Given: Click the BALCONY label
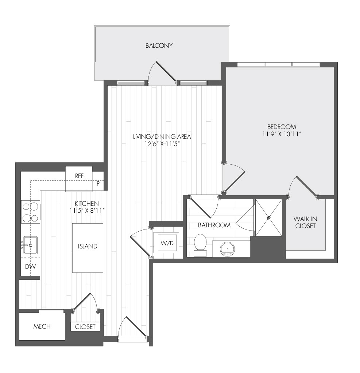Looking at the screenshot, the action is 159,46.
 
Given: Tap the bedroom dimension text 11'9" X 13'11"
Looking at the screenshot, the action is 282,134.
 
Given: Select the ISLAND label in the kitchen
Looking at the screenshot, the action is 88,246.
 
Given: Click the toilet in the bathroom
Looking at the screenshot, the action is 200,245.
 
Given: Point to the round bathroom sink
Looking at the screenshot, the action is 228,249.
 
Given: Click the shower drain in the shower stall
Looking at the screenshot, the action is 269,217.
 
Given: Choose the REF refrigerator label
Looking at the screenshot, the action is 79,176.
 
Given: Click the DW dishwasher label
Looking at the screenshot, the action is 31,267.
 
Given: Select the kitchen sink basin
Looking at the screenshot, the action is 30,245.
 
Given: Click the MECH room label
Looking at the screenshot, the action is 42,326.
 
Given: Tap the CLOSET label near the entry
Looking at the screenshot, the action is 85,327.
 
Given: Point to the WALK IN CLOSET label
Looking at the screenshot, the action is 305,223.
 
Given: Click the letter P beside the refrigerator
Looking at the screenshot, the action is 98,184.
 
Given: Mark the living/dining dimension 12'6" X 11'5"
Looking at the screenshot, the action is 162,144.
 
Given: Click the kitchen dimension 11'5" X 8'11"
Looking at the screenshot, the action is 87,211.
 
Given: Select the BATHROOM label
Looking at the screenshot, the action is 214,225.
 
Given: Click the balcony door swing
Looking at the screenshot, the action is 162,72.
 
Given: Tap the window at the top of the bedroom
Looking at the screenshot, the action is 279,64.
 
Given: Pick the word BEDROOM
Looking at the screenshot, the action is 282,127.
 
